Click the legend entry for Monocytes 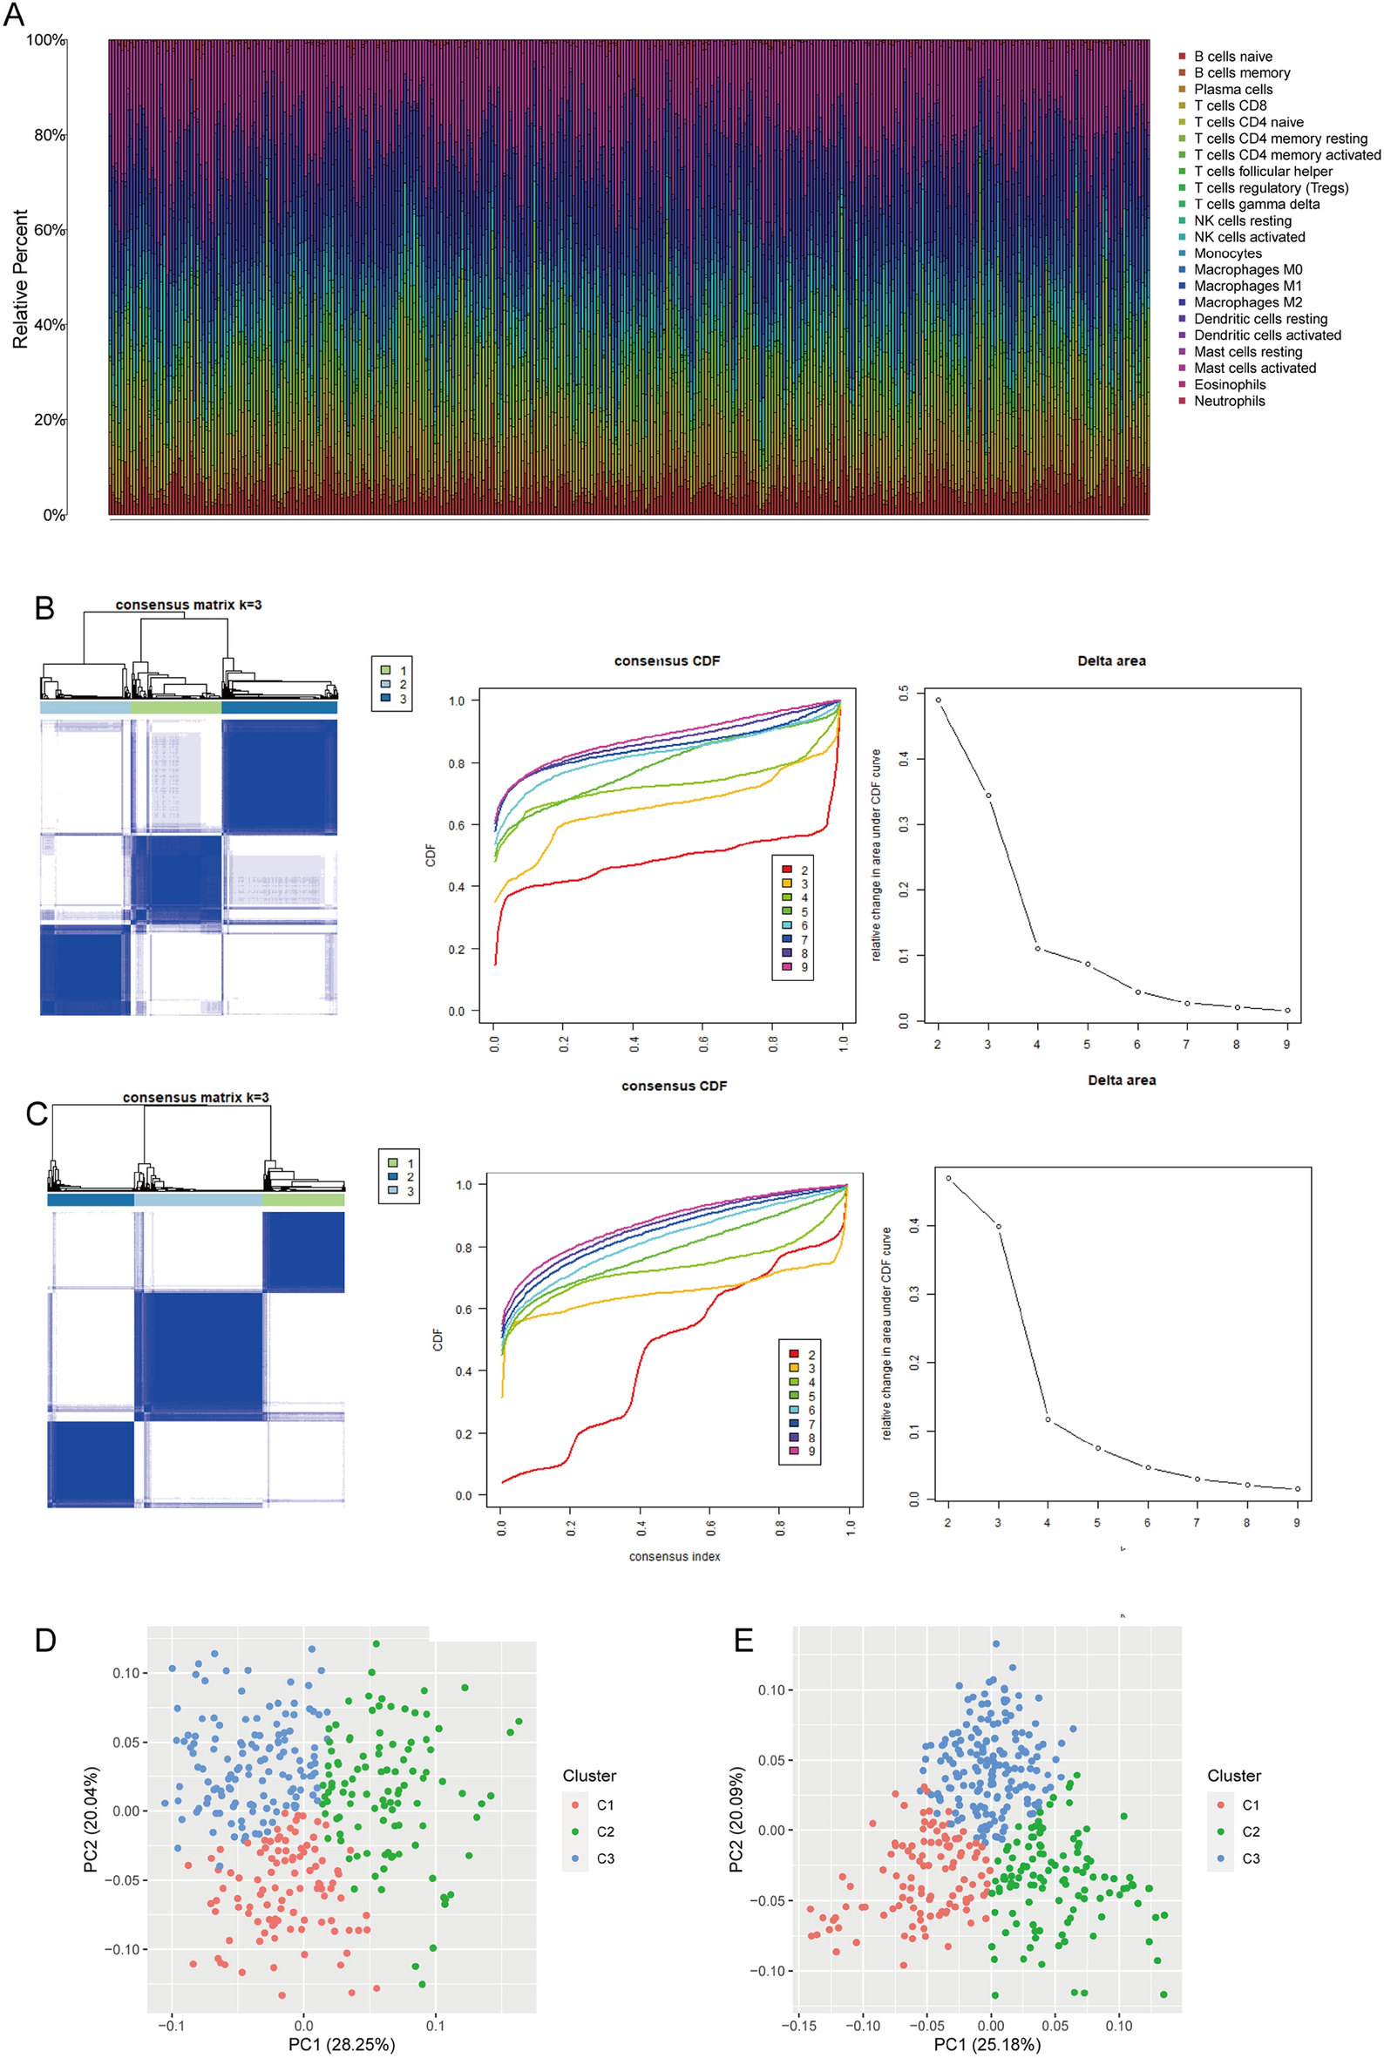[x=1227, y=254]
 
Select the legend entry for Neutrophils [x=1229, y=401]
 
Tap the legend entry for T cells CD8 [x=1230, y=106]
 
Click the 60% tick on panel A [x=49, y=230]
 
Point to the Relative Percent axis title [x=20, y=279]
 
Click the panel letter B [x=44, y=608]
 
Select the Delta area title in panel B [x=1110, y=661]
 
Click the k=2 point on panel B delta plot [x=939, y=701]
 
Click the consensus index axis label [x=675, y=1556]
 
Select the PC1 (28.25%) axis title [x=342, y=2044]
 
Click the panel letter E [x=744, y=1640]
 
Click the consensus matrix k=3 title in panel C [x=195, y=1098]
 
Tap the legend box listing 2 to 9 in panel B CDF [x=791, y=917]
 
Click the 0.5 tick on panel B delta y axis [x=904, y=694]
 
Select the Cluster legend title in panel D [x=589, y=1776]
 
